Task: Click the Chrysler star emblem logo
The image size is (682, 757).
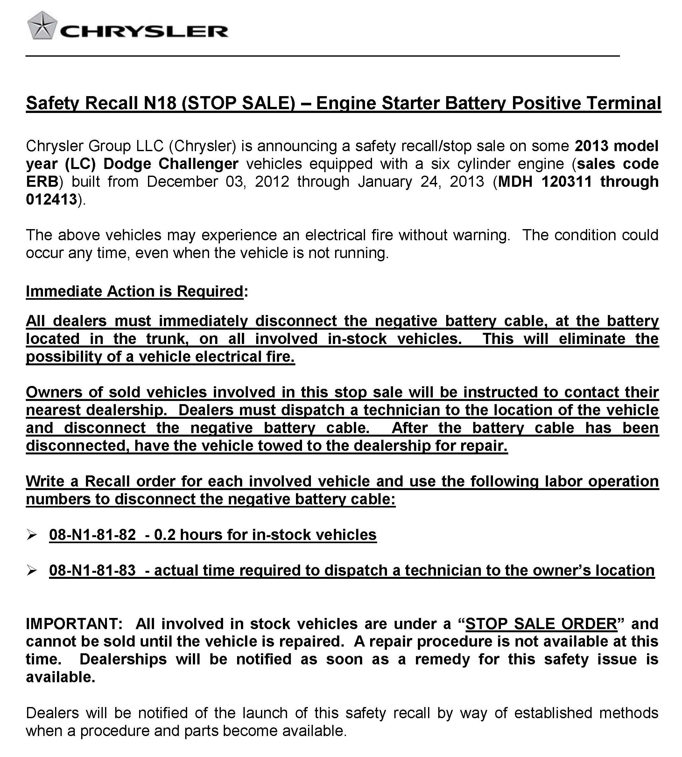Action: tap(42, 26)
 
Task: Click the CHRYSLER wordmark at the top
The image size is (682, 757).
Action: tap(144, 32)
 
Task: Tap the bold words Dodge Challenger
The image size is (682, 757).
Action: tap(171, 164)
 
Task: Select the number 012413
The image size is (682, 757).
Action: tap(51, 200)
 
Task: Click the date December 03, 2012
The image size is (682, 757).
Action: tap(218, 182)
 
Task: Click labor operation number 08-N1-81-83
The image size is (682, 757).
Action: tap(92, 570)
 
